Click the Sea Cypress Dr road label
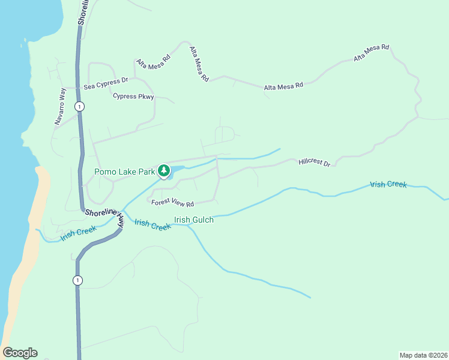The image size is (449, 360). pyautogui.click(x=106, y=83)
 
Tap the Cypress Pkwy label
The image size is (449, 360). pyautogui.click(x=133, y=96)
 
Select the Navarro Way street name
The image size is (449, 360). pyautogui.click(x=60, y=106)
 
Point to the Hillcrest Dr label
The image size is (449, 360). pyautogui.click(x=315, y=163)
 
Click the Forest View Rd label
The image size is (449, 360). pyautogui.click(x=173, y=203)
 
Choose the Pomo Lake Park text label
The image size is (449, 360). pyautogui.click(x=125, y=172)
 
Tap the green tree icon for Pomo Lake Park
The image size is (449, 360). pyautogui.click(x=163, y=171)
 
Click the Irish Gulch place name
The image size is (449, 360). pyautogui.click(x=194, y=220)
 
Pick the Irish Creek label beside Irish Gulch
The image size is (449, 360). pyautogui.click(x=152, y=224)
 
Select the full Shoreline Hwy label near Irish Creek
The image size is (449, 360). pyautogui.click(x=106, y=216)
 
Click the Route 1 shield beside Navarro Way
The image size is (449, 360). pyautogui.click(x=79, y=106)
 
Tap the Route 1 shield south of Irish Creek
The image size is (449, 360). pyautogui.click(x=77, y=280)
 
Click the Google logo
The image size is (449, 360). pyautogui.click(x=20, y=353)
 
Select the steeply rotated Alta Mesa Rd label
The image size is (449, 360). pyautogui.click(x=199, y=64)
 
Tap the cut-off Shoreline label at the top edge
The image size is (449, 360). pyautogui.click(x=82, y=12)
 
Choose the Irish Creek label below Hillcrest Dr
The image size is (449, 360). pyautogui.click(x=388, y=184)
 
